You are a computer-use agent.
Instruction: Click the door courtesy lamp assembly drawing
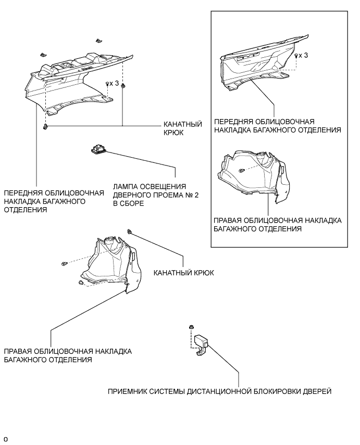99,150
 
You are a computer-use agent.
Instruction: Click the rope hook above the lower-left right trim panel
129,231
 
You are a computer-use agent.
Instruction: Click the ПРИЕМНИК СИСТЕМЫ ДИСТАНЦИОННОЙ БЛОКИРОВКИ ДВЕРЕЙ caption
219,391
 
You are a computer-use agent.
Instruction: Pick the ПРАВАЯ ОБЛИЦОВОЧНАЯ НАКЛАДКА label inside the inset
277,224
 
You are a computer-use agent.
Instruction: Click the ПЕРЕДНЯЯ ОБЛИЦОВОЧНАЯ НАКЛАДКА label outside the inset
45,200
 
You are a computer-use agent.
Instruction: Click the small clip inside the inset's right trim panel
242,170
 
